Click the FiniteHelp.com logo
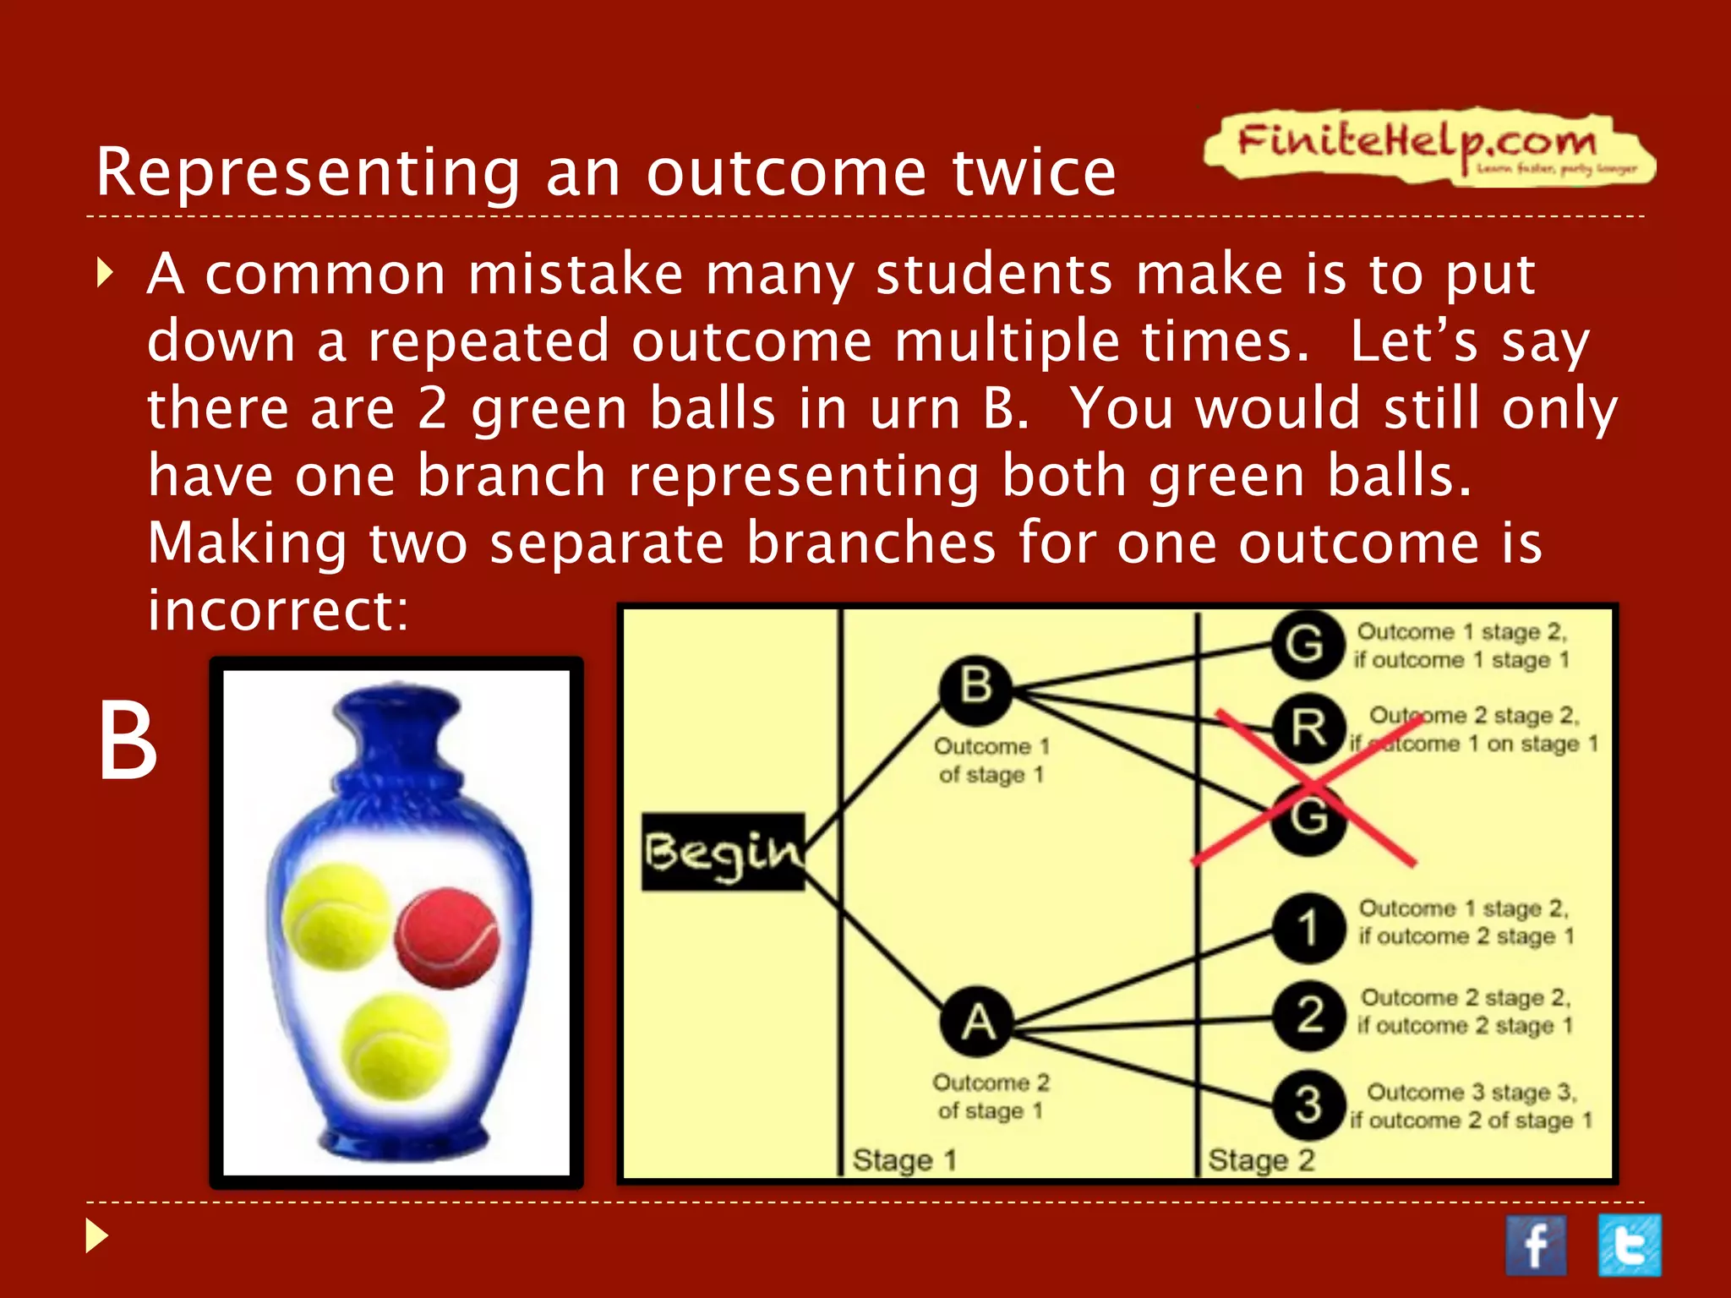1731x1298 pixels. pyautogui.click(x=1428, y=145)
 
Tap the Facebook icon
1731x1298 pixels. pyautogui.click(x=1535, y=1245)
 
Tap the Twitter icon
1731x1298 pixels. pyautogui.click(x=1630, y=1245)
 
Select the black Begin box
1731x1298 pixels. pyautogui.click(x=723, y=852)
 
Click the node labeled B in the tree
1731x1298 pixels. pyautogui.click(x=976, y=686)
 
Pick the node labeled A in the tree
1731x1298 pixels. pyautogui.click(x=978, y=1023)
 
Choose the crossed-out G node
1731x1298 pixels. pyautogui.click(x=1308, y=817)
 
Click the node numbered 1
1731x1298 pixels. pyautogui.click(x=1308, y=928)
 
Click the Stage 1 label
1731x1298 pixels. pyautogui.click(x=904, y=1160)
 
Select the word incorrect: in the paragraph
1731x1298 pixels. pyautogui.click(x=278, y=610)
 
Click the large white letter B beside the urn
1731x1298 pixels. pyautogui.click(x=128, y=742)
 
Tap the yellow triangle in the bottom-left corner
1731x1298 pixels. pyautogui.click(x=97, y=1236)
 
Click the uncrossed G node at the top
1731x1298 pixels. pyautogui.click(x=1307, y=645)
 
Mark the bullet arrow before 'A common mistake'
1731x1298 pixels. pyautogui.click(x=105, y=274)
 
